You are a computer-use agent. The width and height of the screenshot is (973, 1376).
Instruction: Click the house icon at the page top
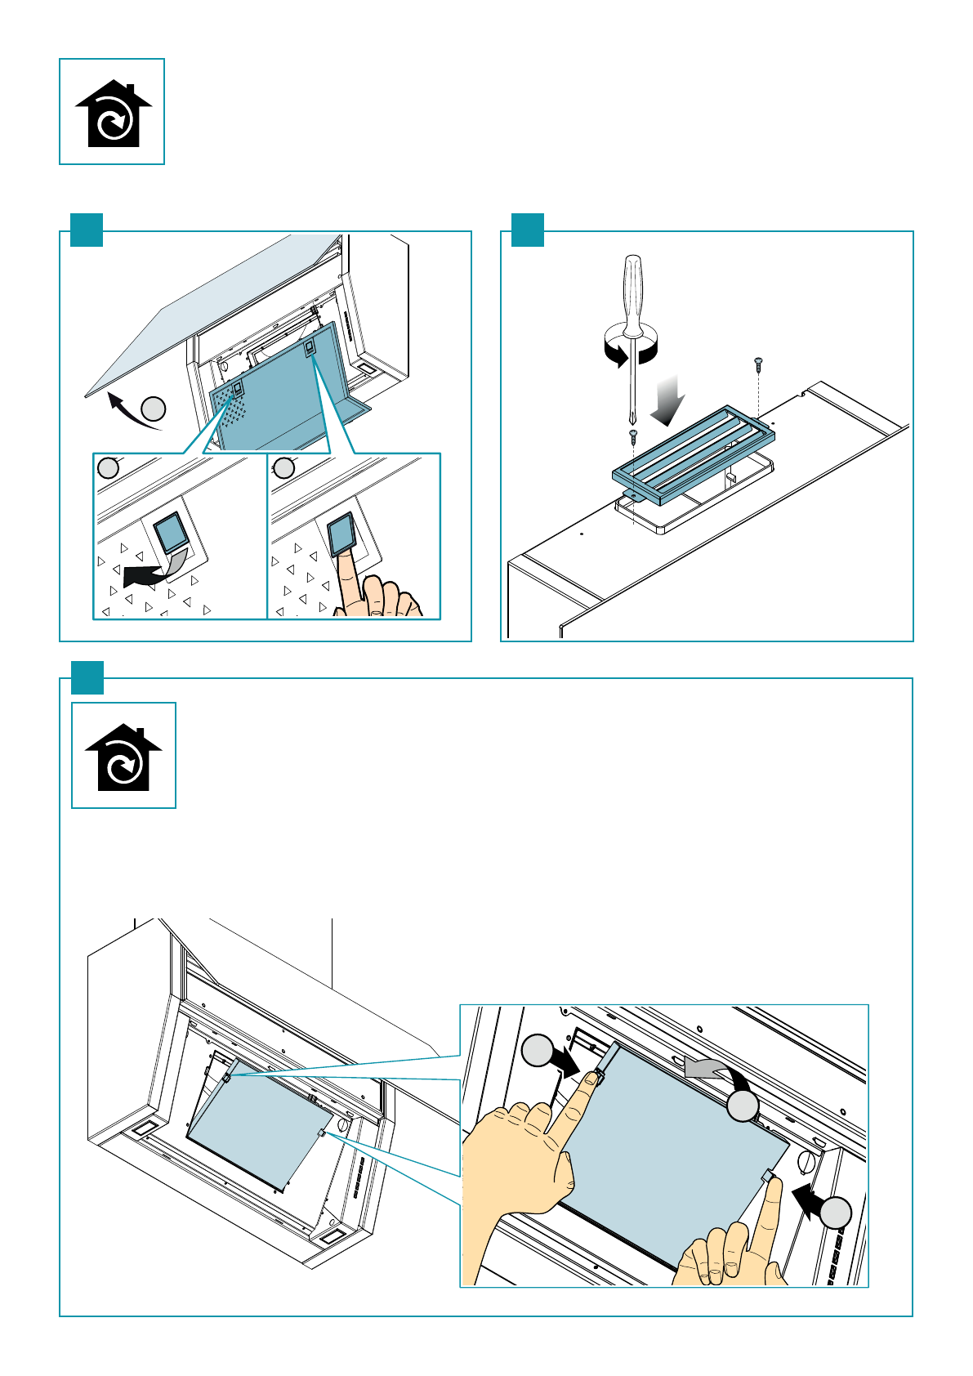pos(113,114)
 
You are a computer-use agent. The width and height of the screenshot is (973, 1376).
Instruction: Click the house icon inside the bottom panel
pos(123,757)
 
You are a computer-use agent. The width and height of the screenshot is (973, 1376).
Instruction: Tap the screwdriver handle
pos(632,294)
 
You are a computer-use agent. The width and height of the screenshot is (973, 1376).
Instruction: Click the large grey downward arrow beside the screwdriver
pos(669,400)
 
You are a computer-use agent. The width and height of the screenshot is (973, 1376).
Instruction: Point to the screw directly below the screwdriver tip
pos(632,435)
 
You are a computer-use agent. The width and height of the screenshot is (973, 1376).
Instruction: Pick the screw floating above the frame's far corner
pos(758,360)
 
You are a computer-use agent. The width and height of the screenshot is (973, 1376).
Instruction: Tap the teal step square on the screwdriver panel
pos(528,230)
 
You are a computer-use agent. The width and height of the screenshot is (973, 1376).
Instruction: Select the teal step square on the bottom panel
pos(87,677)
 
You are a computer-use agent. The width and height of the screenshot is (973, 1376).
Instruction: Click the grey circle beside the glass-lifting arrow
pos(154,409)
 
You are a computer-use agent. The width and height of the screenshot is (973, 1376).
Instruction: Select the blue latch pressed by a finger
pos(341,533)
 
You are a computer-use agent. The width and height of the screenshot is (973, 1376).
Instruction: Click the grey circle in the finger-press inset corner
pos(284,468)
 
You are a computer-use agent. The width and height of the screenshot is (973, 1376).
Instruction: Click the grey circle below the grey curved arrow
pos(743,1106)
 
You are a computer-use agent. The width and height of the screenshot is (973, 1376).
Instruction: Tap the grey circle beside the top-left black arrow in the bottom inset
pos(538,1051)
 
